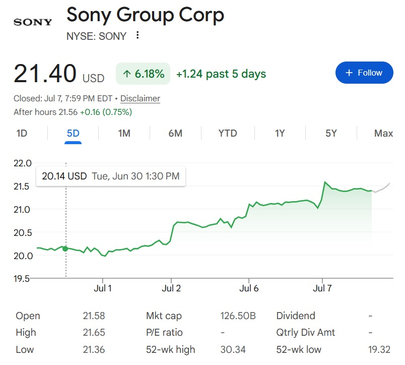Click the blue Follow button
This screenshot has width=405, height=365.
[x=364, y=73]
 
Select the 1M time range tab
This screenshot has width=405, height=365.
[x=124, y=134]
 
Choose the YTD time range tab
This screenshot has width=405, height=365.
[x=228, y=134]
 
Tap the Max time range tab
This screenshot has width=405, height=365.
[x=383, y=134]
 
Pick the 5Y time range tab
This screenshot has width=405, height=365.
[x=331, y=134]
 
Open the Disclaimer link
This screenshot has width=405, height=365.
[x=140, y=98]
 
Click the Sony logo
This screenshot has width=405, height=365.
[x=33, y=22]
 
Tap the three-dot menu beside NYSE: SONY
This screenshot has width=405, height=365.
[x=138, y=35]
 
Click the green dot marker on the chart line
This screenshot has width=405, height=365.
[x=65, y=249]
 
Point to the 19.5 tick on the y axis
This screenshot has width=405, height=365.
[x=22, y=278]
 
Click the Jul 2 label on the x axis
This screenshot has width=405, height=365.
[x=171, y=288]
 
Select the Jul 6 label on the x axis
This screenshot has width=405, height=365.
[x=249, y=288]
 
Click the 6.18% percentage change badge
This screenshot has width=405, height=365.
[x=143, y=74]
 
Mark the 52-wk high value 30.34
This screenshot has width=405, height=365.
[x=233, y=349]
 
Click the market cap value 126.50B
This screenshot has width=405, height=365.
[x=238, y=316]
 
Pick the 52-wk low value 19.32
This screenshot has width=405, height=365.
[x=379, y=349]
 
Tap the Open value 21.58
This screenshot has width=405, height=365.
[x=94, y=316]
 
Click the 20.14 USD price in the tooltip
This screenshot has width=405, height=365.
[x=64, y=176]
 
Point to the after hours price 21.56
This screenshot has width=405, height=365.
[x=68, y=112]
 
